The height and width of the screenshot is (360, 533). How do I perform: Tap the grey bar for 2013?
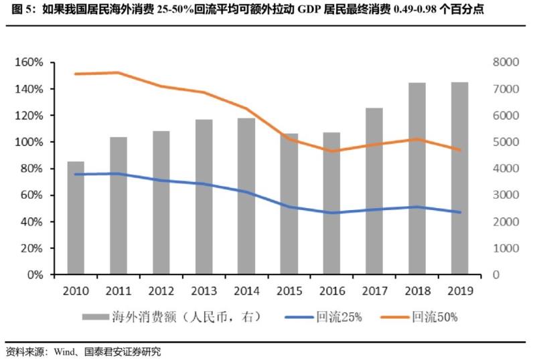[x=204, y=197]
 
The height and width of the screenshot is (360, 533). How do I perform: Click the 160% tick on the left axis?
[x=28, y=62]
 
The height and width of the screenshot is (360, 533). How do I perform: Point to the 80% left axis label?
[x=31, y=169]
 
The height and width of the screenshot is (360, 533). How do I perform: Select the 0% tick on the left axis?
[x=34, y=274]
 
